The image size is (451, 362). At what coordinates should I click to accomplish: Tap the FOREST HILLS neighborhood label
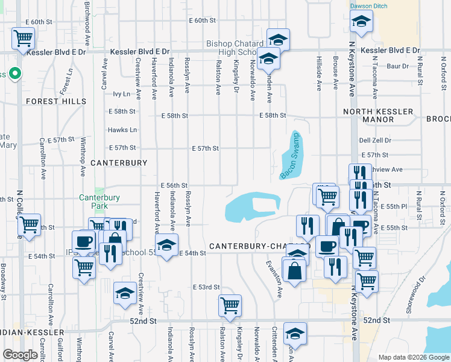click(56, 101)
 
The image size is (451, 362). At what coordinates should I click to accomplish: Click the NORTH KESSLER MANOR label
click(378, 115)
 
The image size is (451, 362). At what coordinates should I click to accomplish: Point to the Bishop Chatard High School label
click(235, 48)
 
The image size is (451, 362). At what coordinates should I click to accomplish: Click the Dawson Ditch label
click(368, 6)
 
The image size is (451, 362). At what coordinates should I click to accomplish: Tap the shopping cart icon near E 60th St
click(23, 39)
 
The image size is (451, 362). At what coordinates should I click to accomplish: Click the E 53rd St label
click(206, 287)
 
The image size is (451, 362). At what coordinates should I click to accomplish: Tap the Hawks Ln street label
click(122, 130)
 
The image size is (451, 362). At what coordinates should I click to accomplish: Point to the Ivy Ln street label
click(121, 94)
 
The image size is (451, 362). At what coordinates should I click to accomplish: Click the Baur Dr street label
click(397, 66)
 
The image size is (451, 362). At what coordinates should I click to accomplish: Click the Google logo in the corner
click(20, 355)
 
